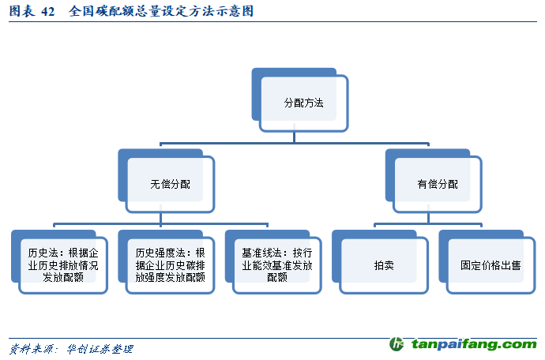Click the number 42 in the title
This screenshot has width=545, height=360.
(x=48, y=12)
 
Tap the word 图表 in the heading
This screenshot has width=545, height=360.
(x=22, y=11)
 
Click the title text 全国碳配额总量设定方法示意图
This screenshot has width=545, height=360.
(x=161, y=11)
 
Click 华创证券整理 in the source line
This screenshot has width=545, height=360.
(x=100, y=349)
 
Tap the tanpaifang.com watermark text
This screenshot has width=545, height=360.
(x=474, y=344)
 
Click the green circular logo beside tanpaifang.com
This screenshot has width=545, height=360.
(x=397, y=344)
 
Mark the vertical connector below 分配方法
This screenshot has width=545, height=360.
(x=294, y=137)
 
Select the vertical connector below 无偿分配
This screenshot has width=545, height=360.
(x=160, y=218)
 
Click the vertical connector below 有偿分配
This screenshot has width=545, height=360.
(x=428, y=218)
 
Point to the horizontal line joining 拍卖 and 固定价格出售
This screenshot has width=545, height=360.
(x=428, y=224)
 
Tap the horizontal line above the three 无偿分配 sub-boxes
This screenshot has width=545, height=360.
(x=160, y=224)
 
